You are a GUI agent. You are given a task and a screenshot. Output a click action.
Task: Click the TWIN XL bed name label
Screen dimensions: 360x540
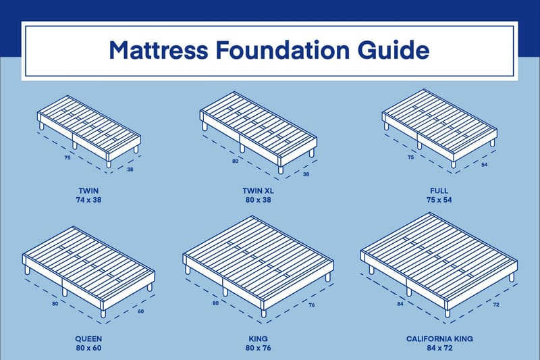coord(258,191)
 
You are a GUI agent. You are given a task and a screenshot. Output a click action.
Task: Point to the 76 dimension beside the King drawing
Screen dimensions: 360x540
coord(313,305)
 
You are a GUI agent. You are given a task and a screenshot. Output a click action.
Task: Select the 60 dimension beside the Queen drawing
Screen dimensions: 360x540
coord(140,311)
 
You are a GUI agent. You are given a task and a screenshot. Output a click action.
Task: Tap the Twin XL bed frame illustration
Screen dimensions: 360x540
coord(259,128)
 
